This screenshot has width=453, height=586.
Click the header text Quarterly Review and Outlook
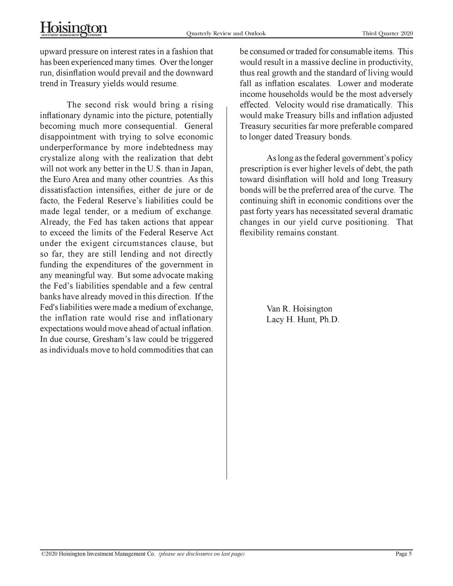coord(225,34)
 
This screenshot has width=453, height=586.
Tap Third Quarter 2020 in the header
coord(387,34)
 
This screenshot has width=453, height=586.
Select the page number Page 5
coord(403,554)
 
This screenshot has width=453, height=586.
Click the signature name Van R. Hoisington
coord(299,310)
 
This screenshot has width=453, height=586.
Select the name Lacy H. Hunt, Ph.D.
coord(303,320)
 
